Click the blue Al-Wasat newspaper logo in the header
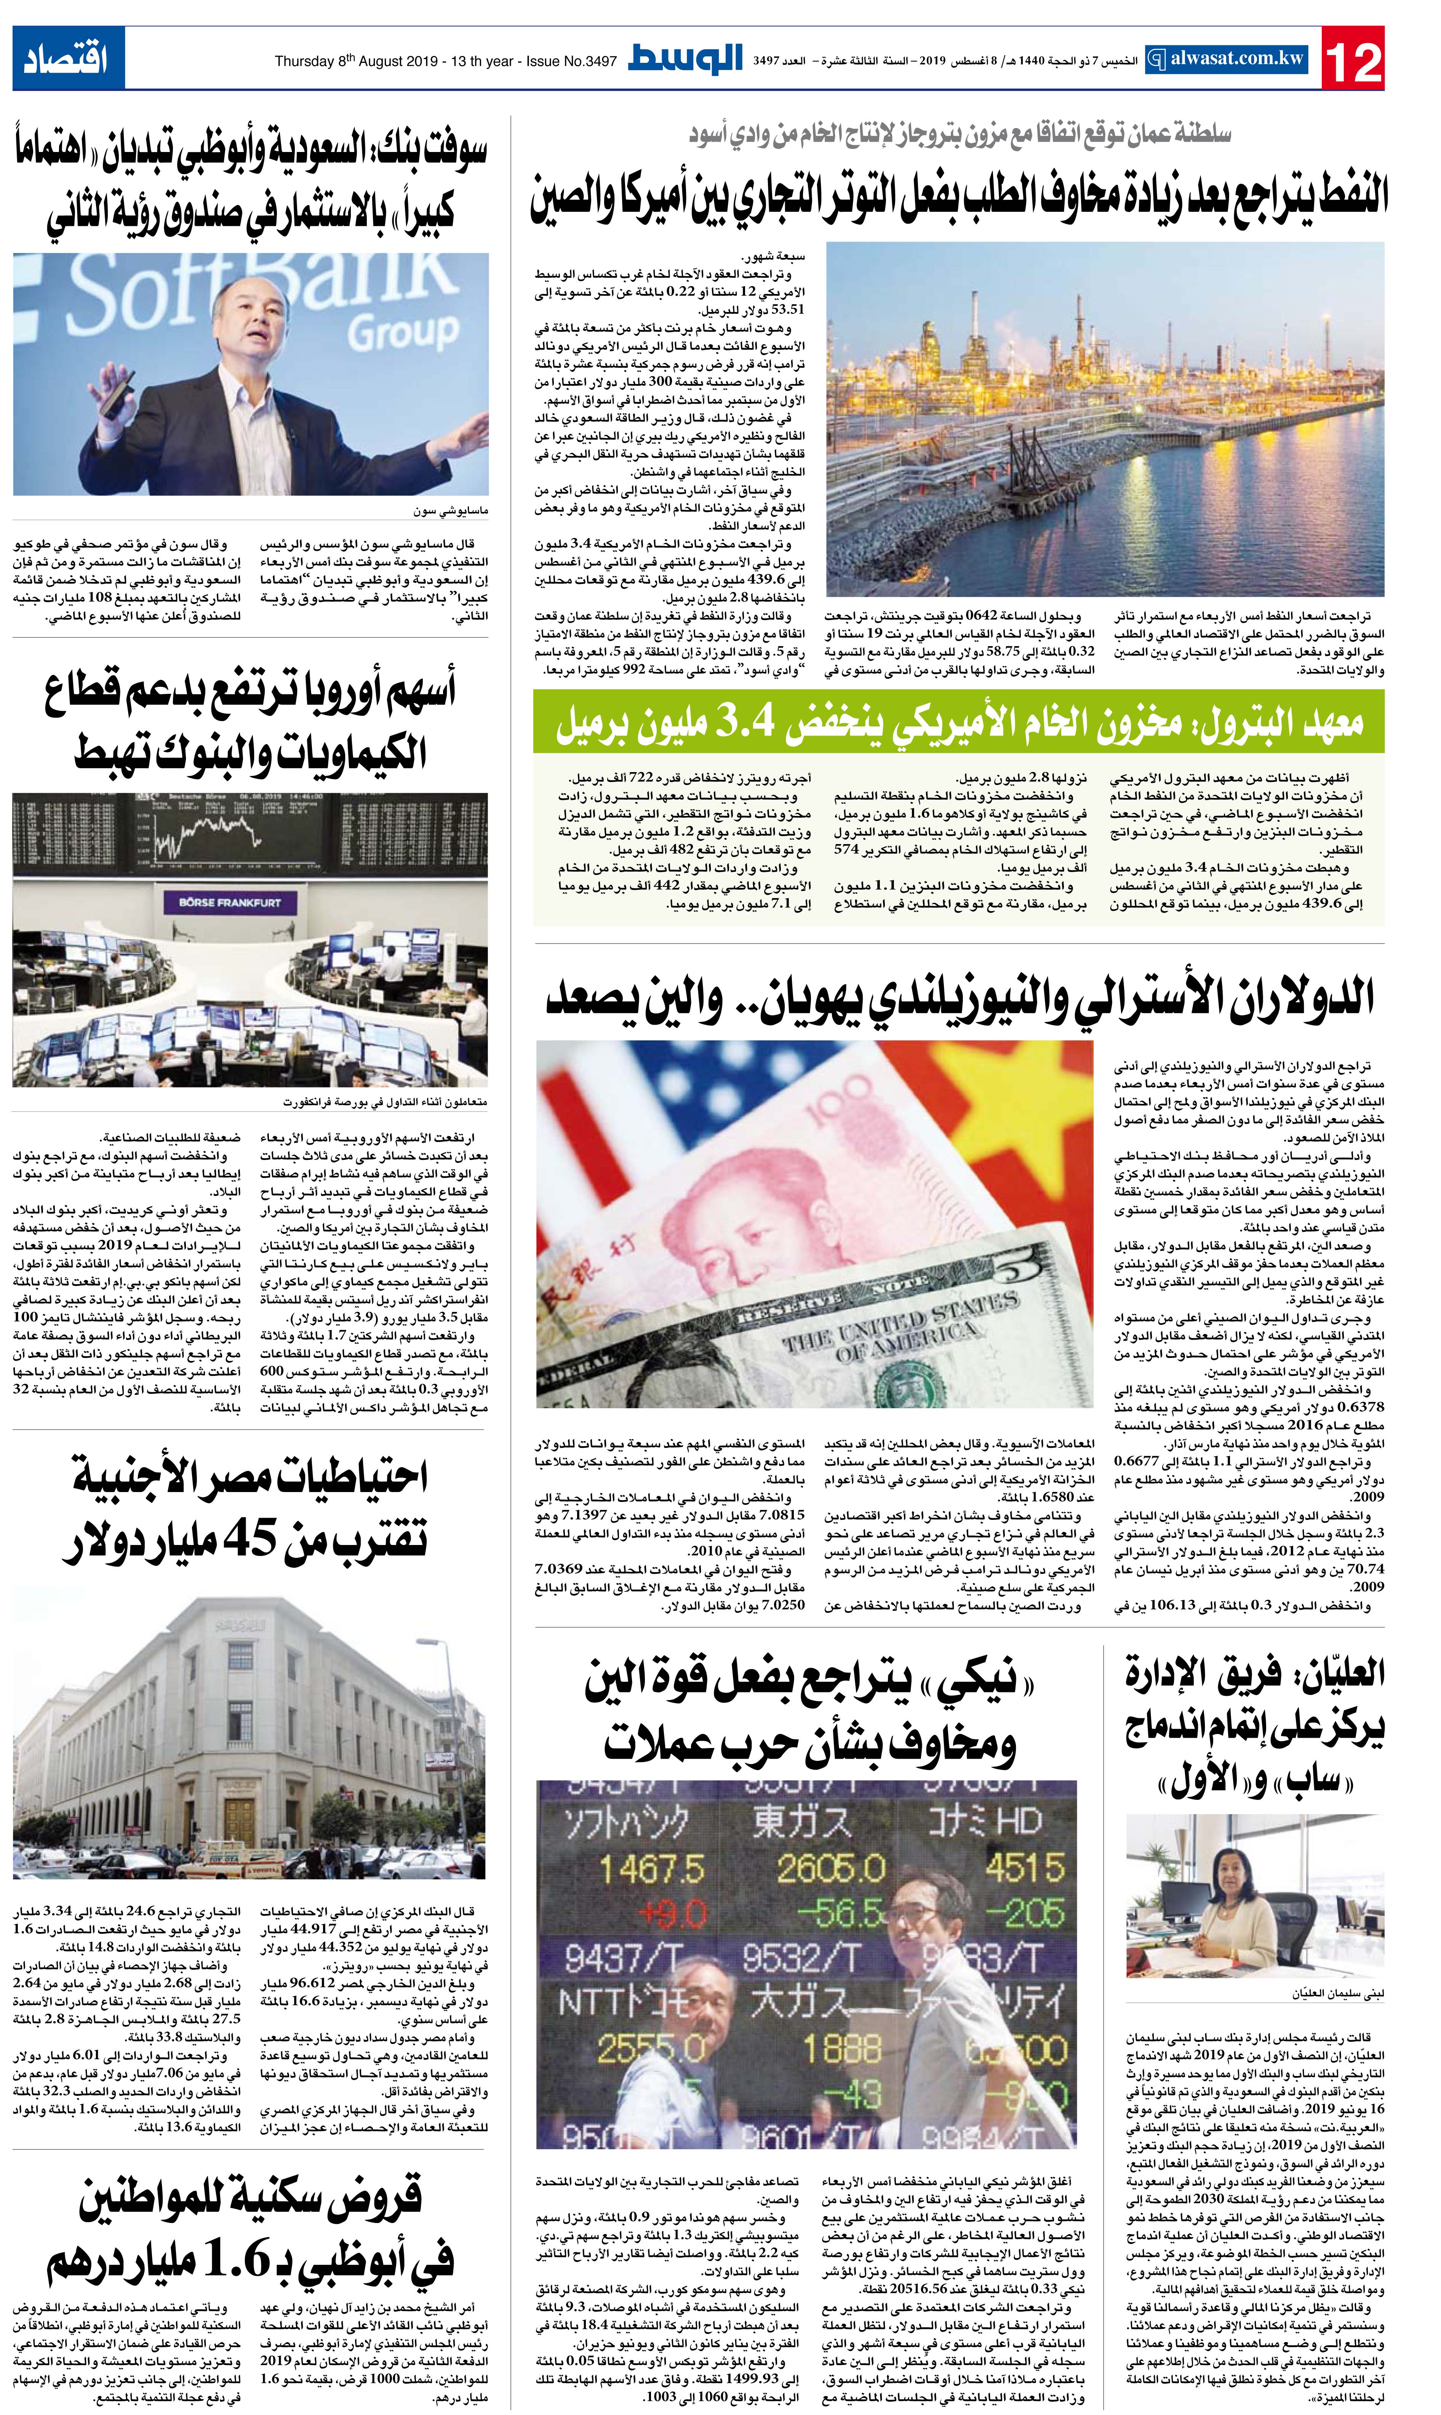[686, 58]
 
